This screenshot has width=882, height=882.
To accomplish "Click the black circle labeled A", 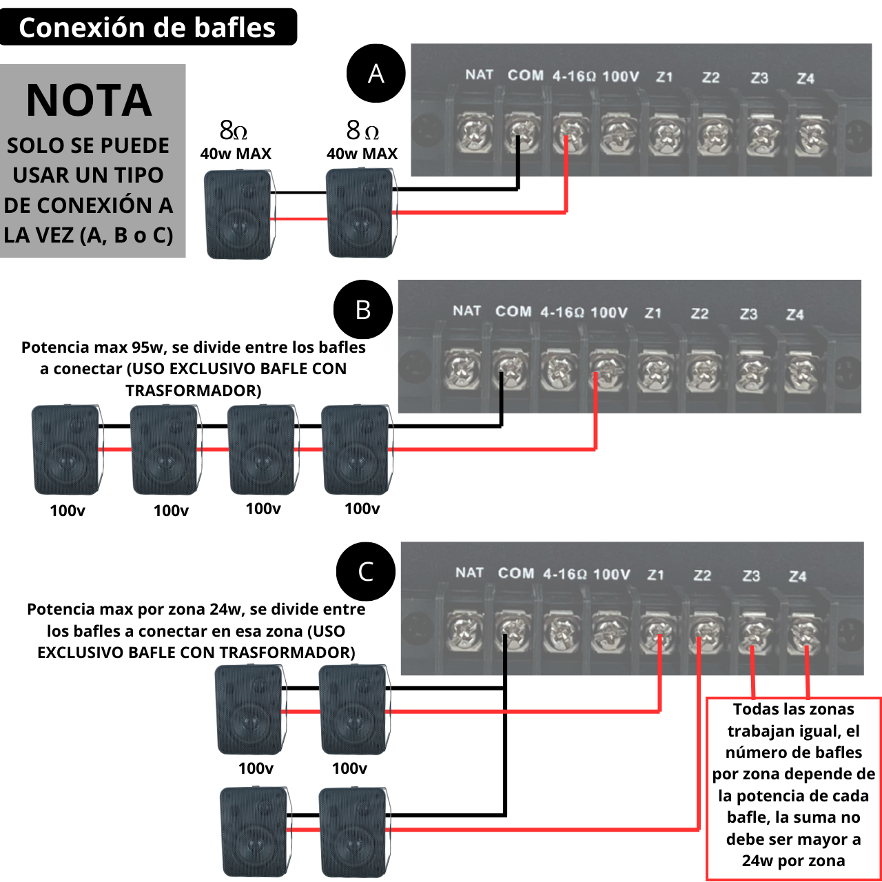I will pos(376,73).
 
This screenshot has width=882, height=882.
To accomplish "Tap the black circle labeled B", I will pos(363,309).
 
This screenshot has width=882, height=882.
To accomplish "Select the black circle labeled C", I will pos(366,571).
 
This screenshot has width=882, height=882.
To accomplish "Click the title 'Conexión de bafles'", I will pos(147,28).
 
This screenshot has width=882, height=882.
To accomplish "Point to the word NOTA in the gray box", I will pos(89,101).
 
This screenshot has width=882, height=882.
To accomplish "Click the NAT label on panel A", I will pos(479,74).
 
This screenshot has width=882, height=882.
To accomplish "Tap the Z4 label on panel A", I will pos(806,79).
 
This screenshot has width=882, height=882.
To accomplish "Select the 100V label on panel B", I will pos(609,313).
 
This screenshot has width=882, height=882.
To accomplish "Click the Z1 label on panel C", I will pos(656,575).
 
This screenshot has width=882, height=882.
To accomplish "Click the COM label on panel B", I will pos(513,311).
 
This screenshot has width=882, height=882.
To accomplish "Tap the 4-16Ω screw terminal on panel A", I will pos(570,133).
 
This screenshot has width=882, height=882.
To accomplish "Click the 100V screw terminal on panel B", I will pos(606,370).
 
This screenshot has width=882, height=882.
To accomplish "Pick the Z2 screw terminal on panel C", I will pos(705,631).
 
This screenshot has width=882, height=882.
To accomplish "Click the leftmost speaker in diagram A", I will pos(238,215).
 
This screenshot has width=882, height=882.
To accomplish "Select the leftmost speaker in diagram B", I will pos(66,450).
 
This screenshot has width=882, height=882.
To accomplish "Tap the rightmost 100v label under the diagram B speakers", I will pos(362,509).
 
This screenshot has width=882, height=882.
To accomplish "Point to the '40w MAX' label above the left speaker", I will pos(236,154).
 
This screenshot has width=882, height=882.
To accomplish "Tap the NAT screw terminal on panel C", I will pos(464,631).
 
